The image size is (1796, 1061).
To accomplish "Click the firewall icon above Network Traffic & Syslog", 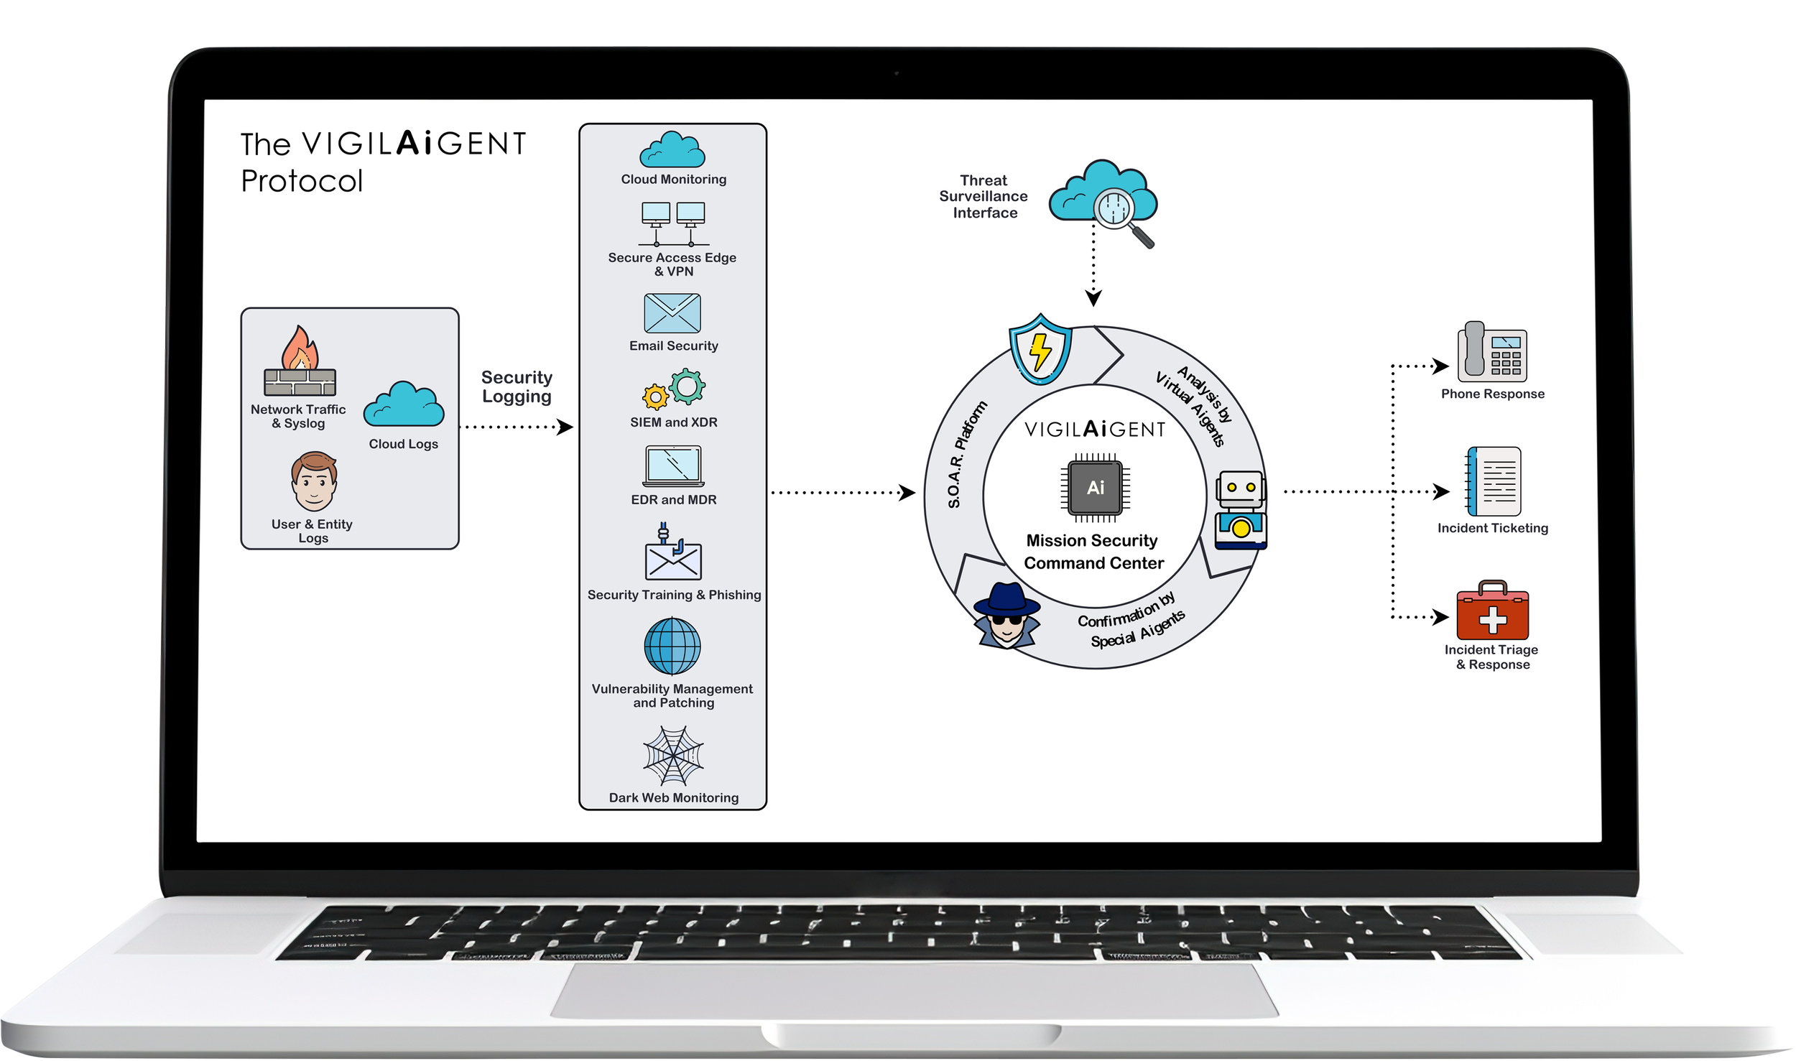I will (x=300, y=362).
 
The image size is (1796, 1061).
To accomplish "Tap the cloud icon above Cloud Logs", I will (x=403, y=406).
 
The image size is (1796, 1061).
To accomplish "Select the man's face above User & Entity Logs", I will (x=314, y=481).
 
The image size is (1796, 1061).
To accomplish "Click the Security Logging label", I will (x=517, y=386).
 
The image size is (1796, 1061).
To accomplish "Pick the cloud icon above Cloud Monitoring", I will (x=672, y=151).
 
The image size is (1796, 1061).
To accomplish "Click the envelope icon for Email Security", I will (x=672, y=313).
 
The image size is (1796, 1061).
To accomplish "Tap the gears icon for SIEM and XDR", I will (x=674, y=389).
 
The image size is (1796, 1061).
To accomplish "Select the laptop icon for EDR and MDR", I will (x=673, y=466).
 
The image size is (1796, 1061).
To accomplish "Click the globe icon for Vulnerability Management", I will (x=672, y=646).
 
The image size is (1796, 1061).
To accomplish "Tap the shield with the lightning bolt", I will (x=1040, y=349).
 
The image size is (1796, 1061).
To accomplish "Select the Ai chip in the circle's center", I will (x=1096, y=488).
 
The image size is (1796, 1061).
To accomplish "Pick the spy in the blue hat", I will (x=1007, y=615).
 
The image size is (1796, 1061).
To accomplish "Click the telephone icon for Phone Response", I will (x=1491, y=352).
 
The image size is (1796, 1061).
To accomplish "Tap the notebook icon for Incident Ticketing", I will (x=1493, y=481).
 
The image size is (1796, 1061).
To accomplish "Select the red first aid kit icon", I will (x=1492, y=611).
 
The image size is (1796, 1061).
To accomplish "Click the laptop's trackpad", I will (x=913, y=991).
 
